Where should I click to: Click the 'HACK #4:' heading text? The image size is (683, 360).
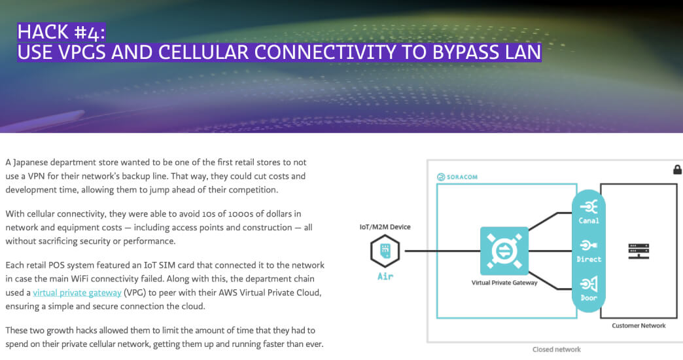point(61,32)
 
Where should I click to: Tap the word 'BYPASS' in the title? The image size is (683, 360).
point(466,52)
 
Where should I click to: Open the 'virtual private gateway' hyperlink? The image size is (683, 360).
point(77,293)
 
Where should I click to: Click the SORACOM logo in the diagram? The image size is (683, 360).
point(457,177)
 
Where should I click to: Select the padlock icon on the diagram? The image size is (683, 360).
point(677,169)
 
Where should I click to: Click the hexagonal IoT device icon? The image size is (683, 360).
point(385,251)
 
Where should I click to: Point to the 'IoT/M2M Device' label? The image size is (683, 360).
point(385,226)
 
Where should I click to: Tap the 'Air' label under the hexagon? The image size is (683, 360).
point(385,276)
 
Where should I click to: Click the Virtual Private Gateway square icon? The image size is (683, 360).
point(504,251)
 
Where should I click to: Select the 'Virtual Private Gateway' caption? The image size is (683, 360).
point(504,282)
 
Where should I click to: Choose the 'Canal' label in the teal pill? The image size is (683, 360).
point(589,221)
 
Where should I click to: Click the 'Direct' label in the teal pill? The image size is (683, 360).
point(589,259)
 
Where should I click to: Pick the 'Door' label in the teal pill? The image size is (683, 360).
point(589,298)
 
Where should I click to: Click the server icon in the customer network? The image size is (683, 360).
point(639,251)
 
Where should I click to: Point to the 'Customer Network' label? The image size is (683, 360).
point(639,325)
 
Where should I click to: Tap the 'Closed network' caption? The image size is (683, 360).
point(556,350)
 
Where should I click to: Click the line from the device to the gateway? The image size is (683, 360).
point(442,251)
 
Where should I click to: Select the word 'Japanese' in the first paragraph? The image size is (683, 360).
point(30,162)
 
